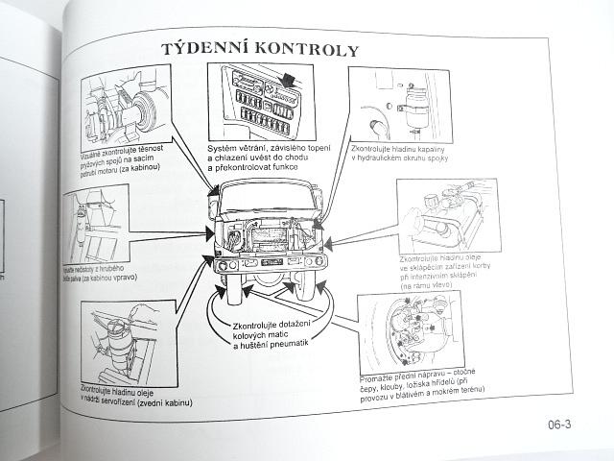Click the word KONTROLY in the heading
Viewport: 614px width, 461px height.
tap(310, 49)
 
